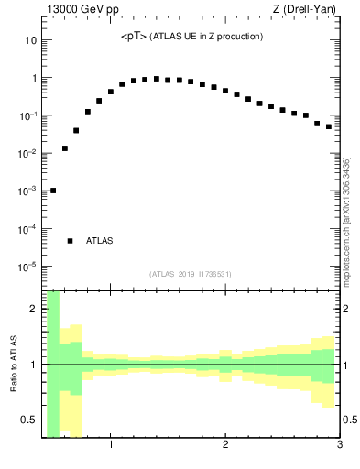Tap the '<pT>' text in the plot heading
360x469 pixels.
pyautogui.click(x=135, y=37)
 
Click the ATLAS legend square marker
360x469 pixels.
pyautogui.click(x=70, y=241)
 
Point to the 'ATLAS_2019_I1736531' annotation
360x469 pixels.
pyautogui.click(x=191, y=274)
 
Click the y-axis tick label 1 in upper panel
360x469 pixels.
pyautogui.click(x=33, y=79)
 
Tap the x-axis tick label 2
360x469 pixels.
pyautogui.click(x=225, y=446)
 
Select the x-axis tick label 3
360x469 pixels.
pyautogui.click(x=339, y=446)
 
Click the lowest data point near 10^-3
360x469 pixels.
pyautogui.click(x=53, y=191)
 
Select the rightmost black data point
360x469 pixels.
pyautogui.click(x=328, y=126)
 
